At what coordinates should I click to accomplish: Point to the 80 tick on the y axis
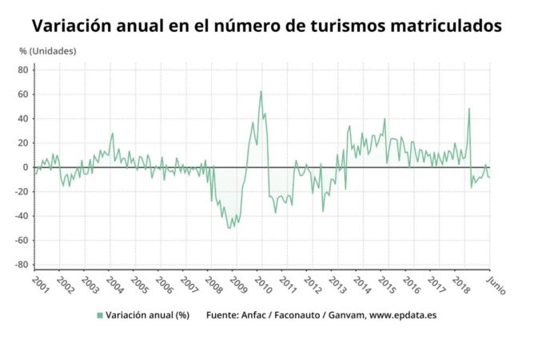(23, 70)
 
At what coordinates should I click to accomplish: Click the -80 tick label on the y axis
(22, 265)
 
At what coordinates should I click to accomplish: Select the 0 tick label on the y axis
(26, 167)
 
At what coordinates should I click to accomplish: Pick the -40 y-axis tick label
(22, 216)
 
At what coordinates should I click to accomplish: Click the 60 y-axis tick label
(23, 94)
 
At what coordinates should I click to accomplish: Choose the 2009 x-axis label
(237, 285)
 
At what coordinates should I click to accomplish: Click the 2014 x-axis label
(361, 285)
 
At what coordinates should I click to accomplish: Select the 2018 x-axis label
(460, 285)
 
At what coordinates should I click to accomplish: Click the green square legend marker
(100, 314)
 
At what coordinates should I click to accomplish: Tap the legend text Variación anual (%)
(147, 314)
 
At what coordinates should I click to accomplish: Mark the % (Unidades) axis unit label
(48, 51)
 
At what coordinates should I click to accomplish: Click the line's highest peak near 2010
(261, 91)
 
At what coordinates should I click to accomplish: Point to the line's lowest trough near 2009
(231, 228)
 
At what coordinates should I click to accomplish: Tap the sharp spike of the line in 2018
(469, 109)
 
